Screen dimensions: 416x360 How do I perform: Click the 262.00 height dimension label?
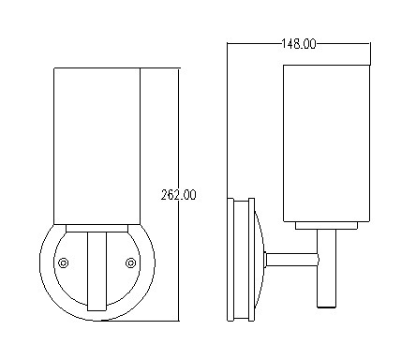(179, 195)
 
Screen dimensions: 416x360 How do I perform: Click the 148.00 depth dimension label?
(299, 44)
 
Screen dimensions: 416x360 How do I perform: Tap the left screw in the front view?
(64, 262)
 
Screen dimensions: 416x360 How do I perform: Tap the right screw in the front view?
(130, 262)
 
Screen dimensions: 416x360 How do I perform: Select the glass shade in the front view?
(97, 146)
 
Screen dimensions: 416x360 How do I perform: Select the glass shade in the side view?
(327, 143)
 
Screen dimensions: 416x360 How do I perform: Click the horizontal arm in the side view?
(292, 260)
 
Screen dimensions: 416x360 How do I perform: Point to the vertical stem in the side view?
(327, 269)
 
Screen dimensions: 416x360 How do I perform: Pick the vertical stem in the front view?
(97, 272)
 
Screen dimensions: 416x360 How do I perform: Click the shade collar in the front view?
(97, 229)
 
